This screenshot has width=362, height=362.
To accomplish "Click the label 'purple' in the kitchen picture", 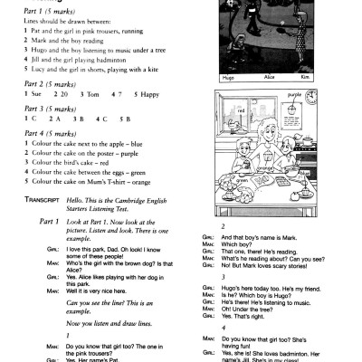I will (293, 93).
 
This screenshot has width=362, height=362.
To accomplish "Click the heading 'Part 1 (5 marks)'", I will (39, 12).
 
